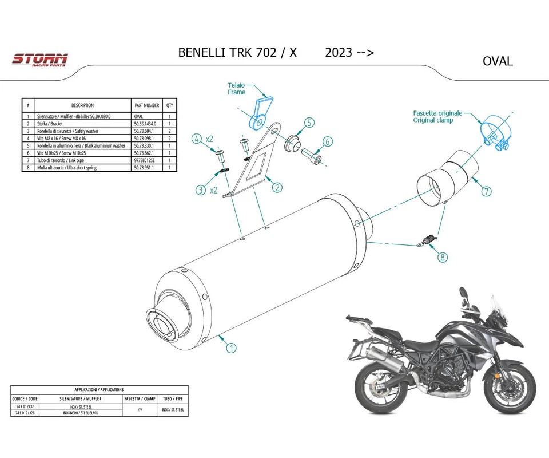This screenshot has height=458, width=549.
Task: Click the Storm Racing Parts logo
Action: [40, 60]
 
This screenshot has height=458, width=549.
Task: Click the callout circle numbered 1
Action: [231, 347]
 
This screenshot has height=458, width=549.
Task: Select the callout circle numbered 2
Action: [277, 187]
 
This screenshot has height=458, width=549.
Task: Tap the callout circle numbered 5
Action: [309, 123]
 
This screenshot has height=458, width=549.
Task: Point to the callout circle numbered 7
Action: [486, 191]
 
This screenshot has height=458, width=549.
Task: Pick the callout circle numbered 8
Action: [443, 258]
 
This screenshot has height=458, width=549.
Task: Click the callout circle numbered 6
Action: [328, 141]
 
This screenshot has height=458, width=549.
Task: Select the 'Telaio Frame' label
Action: [236, 88]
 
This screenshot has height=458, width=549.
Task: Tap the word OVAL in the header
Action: [498, 61]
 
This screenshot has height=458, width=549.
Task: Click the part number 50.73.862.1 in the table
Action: [146, 153]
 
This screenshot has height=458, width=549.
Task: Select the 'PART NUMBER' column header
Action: [146, 105]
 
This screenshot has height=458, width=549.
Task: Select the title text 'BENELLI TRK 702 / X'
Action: [237, 52]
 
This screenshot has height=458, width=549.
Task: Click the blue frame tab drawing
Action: [261, 112]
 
